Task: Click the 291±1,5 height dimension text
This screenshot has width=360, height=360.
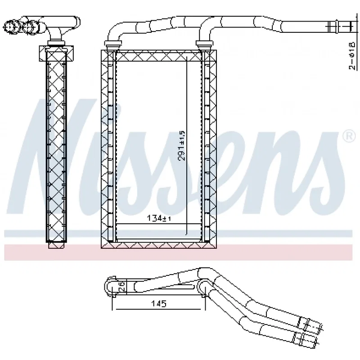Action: [x=182, y=145]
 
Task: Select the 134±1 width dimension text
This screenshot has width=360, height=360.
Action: [x=159, y=218]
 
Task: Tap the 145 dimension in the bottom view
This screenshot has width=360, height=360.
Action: [x=159, y=303]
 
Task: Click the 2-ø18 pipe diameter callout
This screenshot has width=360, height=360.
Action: [x=352, y=55]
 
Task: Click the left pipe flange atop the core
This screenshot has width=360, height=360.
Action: [x=113, y=43]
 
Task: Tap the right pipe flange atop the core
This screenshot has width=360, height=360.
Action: [x=204, y=43]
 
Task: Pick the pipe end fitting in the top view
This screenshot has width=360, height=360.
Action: [x=342, y=27]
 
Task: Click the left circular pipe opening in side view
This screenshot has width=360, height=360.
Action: [x=10, y=27]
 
